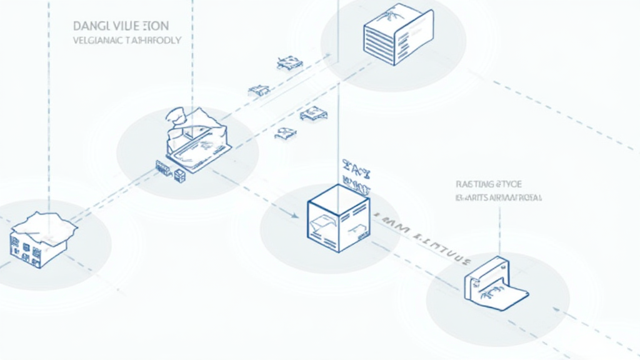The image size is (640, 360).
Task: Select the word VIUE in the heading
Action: coord(128,27)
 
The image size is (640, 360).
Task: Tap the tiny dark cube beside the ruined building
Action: coord(180,176)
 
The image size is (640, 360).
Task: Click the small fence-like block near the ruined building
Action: coord(162,167)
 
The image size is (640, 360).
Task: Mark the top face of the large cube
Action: coord(339,196)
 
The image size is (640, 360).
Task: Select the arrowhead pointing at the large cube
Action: coord(294,215)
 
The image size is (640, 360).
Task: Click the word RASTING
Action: coord(474,184)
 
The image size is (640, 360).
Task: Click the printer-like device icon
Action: coord(494,284)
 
